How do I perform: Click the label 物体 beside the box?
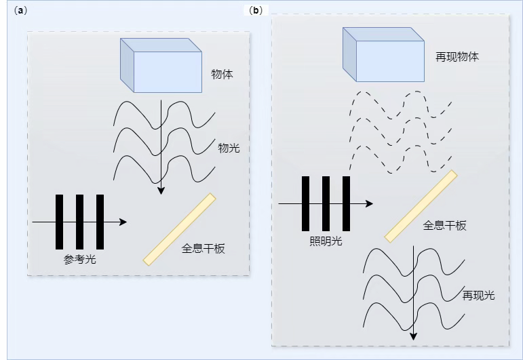click(222, 74)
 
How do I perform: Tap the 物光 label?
click(229, 148)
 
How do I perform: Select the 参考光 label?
click(80, 260)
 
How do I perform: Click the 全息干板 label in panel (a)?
click(203, 248)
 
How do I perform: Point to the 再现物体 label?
click(457, 57)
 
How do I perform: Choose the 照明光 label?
click(326, 241)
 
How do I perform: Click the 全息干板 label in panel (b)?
click(444, 226)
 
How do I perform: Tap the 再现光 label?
click(478, 295)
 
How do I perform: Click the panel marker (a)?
click(20, 11)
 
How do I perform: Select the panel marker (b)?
click(256, 11)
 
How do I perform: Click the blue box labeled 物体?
click(161, 65)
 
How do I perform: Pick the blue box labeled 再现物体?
click(383, 54)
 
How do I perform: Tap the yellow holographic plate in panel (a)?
click(180, 229)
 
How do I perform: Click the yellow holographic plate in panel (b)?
click(421, 206)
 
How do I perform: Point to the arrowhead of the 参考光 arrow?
click(123, 222)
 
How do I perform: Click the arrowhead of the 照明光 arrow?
click(369, 203)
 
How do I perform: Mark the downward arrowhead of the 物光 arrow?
click(161, 191)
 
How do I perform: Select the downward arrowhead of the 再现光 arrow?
click(414, 336)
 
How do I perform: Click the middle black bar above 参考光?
click(80, 222)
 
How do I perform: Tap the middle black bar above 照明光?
click(326, 203)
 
